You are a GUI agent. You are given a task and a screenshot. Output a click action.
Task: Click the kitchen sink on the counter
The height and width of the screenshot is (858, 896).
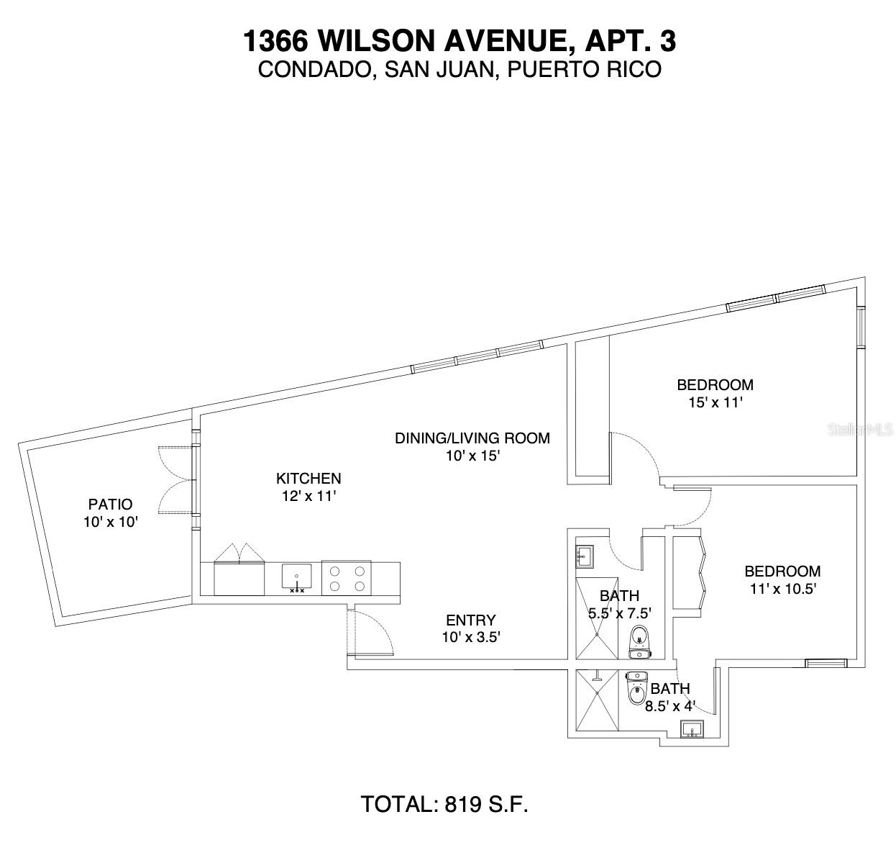[x=296, y=577]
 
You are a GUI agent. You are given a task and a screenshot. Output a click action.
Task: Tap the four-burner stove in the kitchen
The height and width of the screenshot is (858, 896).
[x=347, y=578]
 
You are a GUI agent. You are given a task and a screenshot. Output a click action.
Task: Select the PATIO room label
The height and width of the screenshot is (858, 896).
[x=110, y=505]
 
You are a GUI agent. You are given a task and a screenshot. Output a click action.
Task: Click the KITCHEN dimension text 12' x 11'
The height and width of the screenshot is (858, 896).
[x=308, y=496]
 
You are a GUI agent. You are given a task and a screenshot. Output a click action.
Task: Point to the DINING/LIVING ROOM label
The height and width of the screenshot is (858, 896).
[x=472, y=438]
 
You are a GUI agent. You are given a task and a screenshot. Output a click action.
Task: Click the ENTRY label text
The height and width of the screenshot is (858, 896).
[x=471, y=620]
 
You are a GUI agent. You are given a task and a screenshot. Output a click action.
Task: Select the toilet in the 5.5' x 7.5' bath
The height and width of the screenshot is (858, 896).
[x=639, y=642]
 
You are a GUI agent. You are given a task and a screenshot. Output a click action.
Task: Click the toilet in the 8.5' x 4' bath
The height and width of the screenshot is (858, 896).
[x=636, y=689]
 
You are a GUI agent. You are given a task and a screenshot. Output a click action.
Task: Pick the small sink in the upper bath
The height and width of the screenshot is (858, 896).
[x=584, y=555]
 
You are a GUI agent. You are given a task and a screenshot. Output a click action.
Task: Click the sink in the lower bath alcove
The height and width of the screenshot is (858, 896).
[x=692, y=730]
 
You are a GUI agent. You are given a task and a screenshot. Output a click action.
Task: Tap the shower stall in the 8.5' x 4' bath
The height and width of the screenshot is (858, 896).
[x=596, y=701]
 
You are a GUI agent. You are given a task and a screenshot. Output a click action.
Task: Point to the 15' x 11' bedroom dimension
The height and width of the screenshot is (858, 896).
[x=714, y=402]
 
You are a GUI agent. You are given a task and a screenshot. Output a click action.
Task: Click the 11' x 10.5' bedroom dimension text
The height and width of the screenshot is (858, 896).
[x=782, y=588]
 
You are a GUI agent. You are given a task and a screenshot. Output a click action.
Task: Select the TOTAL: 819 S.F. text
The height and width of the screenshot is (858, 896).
[x=444, y=803]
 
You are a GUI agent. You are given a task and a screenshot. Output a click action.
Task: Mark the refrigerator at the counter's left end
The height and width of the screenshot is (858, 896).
[x=239, y=578]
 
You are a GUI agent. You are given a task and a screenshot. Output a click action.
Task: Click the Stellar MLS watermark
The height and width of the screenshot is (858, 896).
[x=860, y=430]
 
